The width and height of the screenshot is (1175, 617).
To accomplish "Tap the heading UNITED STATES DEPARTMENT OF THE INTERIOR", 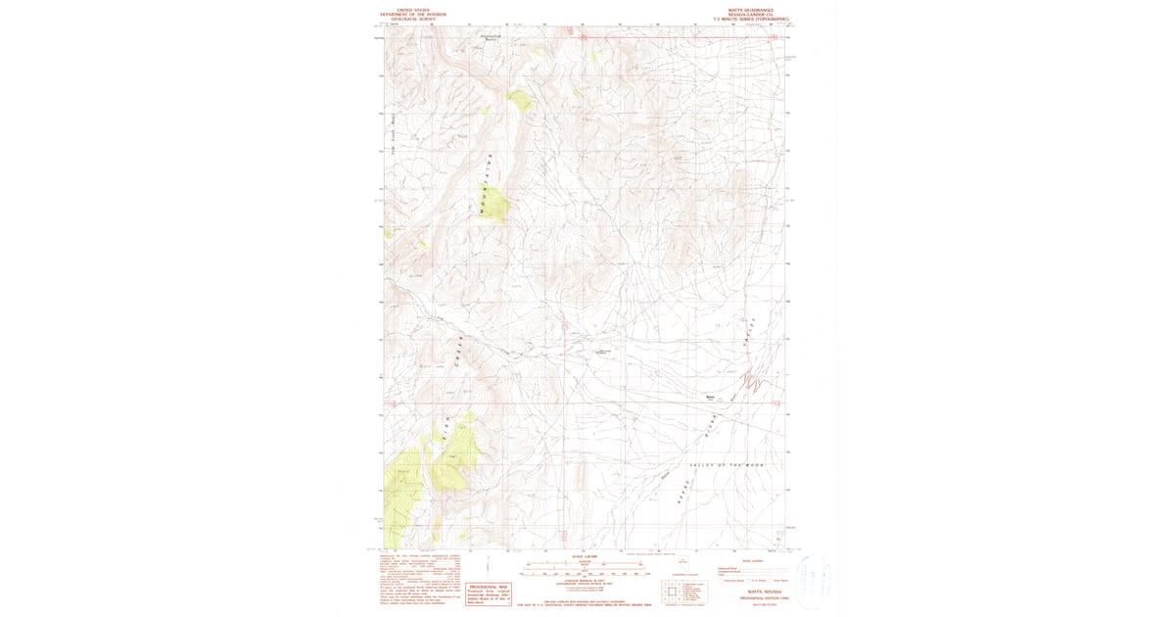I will (x=412, y=12).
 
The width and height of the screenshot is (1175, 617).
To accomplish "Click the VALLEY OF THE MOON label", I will (x=727, y=465).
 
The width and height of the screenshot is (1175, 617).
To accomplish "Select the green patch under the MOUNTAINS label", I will (x=496, y=204).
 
